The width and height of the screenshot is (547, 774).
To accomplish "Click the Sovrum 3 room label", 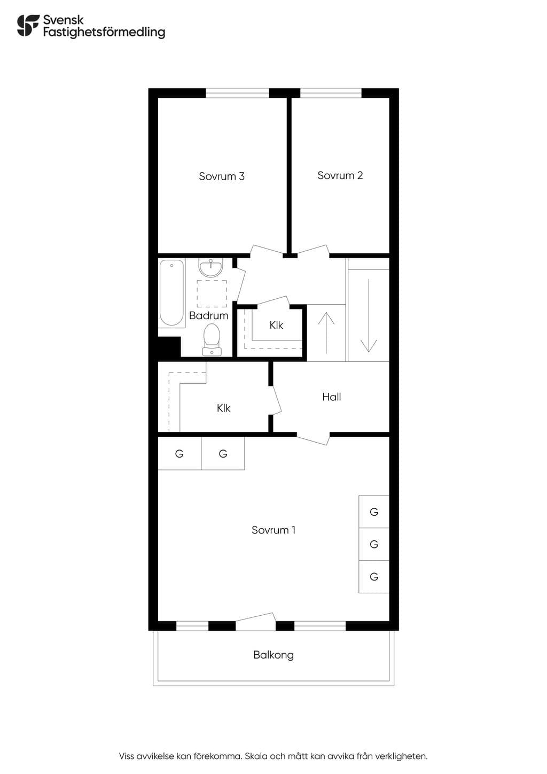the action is point(222,176).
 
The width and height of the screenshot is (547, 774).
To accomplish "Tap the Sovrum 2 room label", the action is point(340,175).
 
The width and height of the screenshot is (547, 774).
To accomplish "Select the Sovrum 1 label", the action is point(273,530).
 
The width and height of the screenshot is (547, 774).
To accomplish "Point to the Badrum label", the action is point(208,315).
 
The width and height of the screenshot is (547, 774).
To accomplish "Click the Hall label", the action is point(332,397).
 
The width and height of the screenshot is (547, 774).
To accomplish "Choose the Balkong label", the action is point(273,655).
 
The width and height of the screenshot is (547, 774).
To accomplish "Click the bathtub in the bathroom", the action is point(171,293).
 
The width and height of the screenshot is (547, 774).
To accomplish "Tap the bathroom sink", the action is point(210,268).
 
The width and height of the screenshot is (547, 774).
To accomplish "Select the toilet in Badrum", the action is point(212,339).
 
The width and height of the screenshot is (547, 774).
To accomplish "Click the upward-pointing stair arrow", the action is point(326,333).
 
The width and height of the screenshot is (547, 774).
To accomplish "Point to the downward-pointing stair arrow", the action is point(369,315).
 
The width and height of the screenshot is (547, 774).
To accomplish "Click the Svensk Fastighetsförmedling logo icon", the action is point(28,26).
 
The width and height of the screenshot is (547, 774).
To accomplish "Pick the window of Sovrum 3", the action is point(237,94).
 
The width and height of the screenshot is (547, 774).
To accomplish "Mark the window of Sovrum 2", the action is point(331,94).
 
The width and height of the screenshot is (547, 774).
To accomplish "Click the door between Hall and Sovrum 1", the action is point(313,438).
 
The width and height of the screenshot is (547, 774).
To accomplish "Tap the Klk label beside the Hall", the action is point(223,408).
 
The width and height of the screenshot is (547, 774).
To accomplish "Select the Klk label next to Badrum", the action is point(276,325).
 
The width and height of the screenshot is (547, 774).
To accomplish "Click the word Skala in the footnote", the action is point(256,756).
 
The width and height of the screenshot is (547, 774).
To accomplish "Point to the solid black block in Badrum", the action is point(169,347).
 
